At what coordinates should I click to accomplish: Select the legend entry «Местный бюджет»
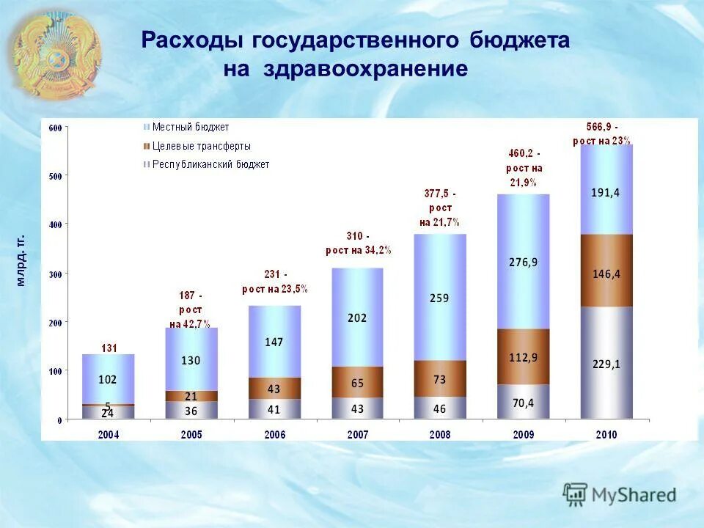(190, 128)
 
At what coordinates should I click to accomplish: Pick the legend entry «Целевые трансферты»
(201, 146)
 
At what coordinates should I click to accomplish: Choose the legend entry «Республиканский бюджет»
(210, 164)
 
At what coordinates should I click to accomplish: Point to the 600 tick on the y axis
(55, 128)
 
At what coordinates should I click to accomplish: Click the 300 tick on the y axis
(55, 273)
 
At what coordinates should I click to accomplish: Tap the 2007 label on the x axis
(357, 434)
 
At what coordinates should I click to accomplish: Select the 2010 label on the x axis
(606, 434)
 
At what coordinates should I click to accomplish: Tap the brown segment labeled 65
(357, 382)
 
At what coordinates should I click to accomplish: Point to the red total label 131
(108, 348)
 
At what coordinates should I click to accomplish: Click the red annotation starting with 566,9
(601, 133)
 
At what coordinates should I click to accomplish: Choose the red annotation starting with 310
(358, 243)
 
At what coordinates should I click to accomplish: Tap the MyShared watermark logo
(620, 494)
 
